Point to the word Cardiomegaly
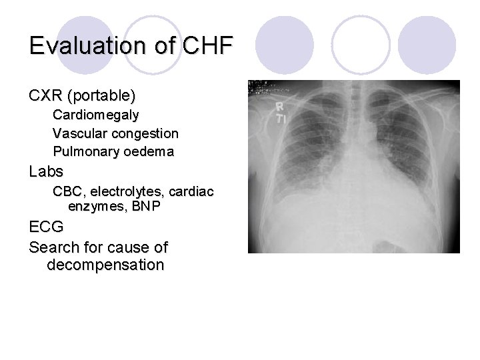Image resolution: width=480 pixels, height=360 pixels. pos(96,115)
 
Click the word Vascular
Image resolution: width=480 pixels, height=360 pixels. pos(78,133)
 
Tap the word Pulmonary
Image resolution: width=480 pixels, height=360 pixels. pos(84,151)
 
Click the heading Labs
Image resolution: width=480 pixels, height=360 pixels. pos(46,171)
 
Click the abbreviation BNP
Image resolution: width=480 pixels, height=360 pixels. pos(146,207)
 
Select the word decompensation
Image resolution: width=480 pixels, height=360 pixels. pos(105,265)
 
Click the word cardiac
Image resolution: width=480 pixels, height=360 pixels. pos(191,192)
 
